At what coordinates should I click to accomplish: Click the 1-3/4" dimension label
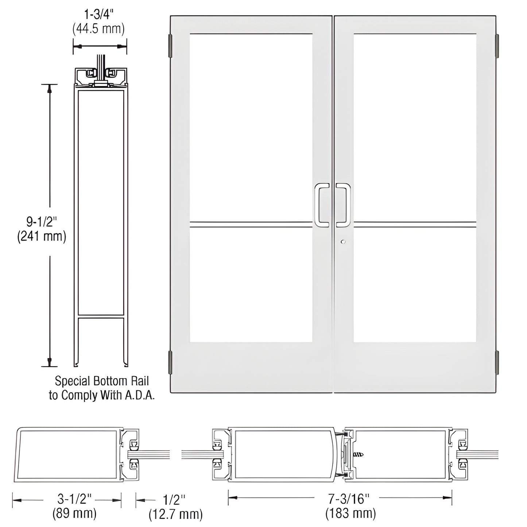98,15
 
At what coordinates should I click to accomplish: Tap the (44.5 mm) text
98,29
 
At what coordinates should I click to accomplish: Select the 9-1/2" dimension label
42,221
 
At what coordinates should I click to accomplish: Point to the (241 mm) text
42,237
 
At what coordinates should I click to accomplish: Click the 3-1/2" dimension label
74,499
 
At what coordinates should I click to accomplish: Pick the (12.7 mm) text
175,514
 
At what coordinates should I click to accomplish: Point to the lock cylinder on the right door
342,241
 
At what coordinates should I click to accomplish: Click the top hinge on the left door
170,46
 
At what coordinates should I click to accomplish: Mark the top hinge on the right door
496,46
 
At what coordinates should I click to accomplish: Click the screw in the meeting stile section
359,454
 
